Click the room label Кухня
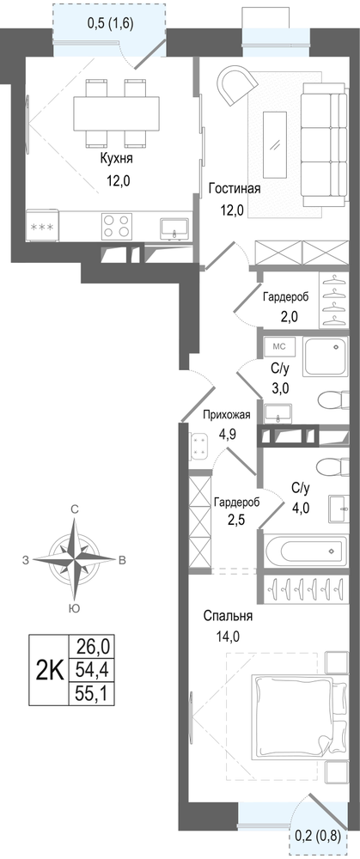(x=116, y=159)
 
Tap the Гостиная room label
(x=234, y=189)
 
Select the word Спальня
(x=228, y=616)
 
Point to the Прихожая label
(x=226, y=415)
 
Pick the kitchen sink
(x=174, y=228)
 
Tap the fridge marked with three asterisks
(x=42, y=225)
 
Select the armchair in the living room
(x=237, y=84)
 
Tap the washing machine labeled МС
(x=279, y=346)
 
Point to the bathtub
(x=306, y=550)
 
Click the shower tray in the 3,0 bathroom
(x=326, y=356)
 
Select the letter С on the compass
(x=75, y=509)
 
